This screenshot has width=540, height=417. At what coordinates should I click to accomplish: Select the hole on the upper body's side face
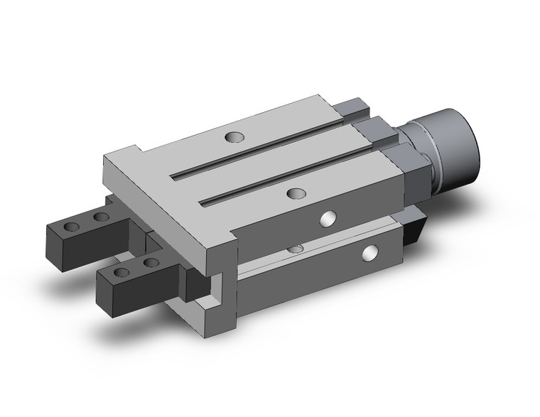tap(328, 219)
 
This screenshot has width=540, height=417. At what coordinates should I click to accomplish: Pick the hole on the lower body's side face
tap(370, 252)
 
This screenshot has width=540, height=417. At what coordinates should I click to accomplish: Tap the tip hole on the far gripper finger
tap(71, 228)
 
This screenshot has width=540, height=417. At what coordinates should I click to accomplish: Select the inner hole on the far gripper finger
tap(102, 217)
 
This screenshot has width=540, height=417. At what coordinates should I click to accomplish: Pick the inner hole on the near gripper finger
tap(150, 262)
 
